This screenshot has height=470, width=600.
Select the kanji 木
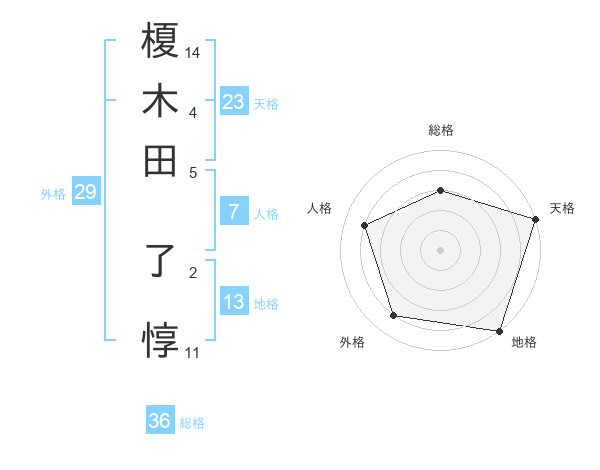pos(161,102)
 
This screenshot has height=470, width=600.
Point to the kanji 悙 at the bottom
pos(161,339)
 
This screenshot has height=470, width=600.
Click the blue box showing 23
pos(234,101)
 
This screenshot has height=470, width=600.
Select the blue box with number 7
pos(234,212)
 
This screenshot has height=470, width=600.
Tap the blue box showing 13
pos(234,301)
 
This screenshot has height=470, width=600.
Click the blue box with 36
pos(160,422)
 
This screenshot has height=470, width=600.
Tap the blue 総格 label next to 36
pos(192,423)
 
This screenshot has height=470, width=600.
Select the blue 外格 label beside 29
pos(53,194)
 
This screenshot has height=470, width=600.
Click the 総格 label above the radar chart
pos(440,130)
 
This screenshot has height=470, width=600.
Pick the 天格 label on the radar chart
pos(562,208)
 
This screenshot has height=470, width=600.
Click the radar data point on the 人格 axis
pos(365,225)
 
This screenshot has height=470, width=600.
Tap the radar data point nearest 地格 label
pos(499,329)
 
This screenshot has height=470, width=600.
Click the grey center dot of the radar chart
pos(440,249)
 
